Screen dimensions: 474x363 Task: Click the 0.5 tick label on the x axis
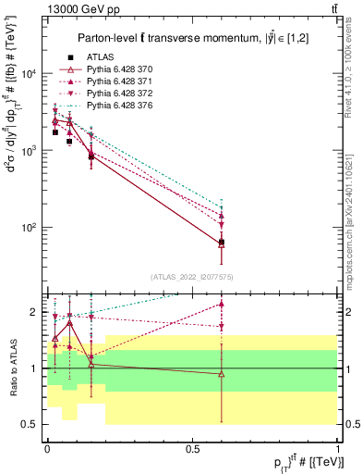point(191,448)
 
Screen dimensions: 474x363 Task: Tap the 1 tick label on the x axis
point(338,448)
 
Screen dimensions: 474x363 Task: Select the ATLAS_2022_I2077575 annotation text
point(192,277)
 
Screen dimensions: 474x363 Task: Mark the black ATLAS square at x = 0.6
point(222,243)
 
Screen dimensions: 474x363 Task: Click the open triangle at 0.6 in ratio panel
point(222,374)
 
